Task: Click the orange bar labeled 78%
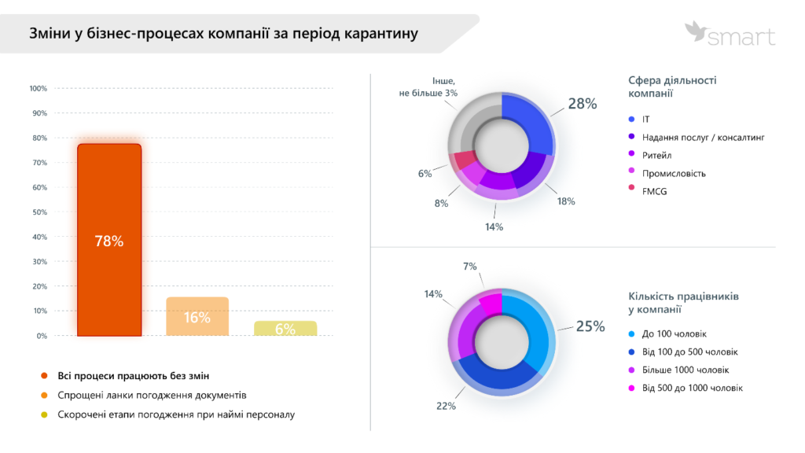[x=109, y=240]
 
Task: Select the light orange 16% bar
[x=197, y=317]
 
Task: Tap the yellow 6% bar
[x=285, y=329]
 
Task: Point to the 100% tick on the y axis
[x=39, y=89]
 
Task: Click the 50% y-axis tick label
[x=39, y=212]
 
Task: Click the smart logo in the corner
[x=730, y=35]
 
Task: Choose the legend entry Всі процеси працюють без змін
[x=134, y=375]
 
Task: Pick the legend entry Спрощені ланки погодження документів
[x=152, y=395]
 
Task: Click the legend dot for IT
[x=632, y=120]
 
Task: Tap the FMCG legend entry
[x=654, y=191]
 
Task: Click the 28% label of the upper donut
[x=582, y=104]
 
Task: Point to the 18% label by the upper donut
[x=565, y=201]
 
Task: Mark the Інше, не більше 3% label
[x=428, y=87]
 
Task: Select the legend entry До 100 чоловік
[x=674, y=333]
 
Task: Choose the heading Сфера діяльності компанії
[x=672, y=87]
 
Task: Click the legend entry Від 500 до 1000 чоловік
[x=692, y=388]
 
